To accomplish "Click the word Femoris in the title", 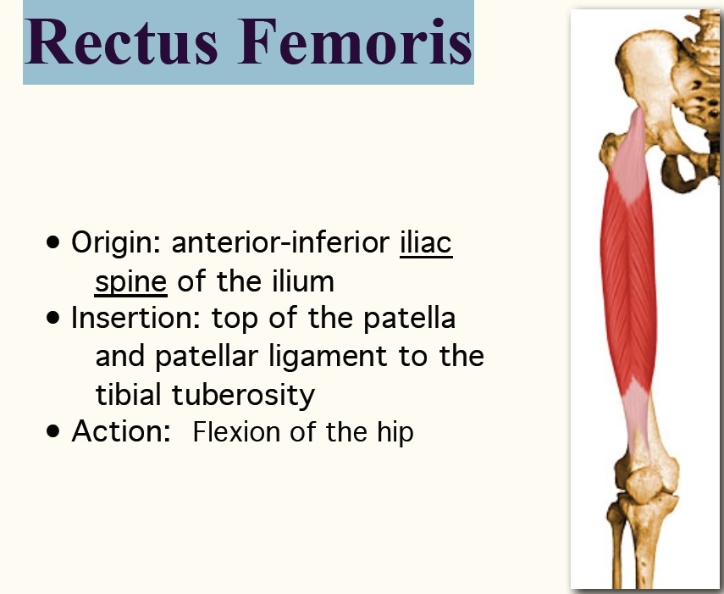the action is click(x=355, y=42).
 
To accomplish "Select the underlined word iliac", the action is click(x=426, y=241).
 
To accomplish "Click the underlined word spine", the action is click(x=130, y=282).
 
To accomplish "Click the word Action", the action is click(x=121, y=431).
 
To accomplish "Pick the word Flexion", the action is click(x=236, y=431).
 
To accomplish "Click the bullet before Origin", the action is click(x=53, y=242).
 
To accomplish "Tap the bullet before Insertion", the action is click(x=53, y=318).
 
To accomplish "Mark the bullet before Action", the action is click(x=53, y=431).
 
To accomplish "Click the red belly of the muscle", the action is click(x=628, y=286).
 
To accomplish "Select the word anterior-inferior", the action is click(x=280, y=241).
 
